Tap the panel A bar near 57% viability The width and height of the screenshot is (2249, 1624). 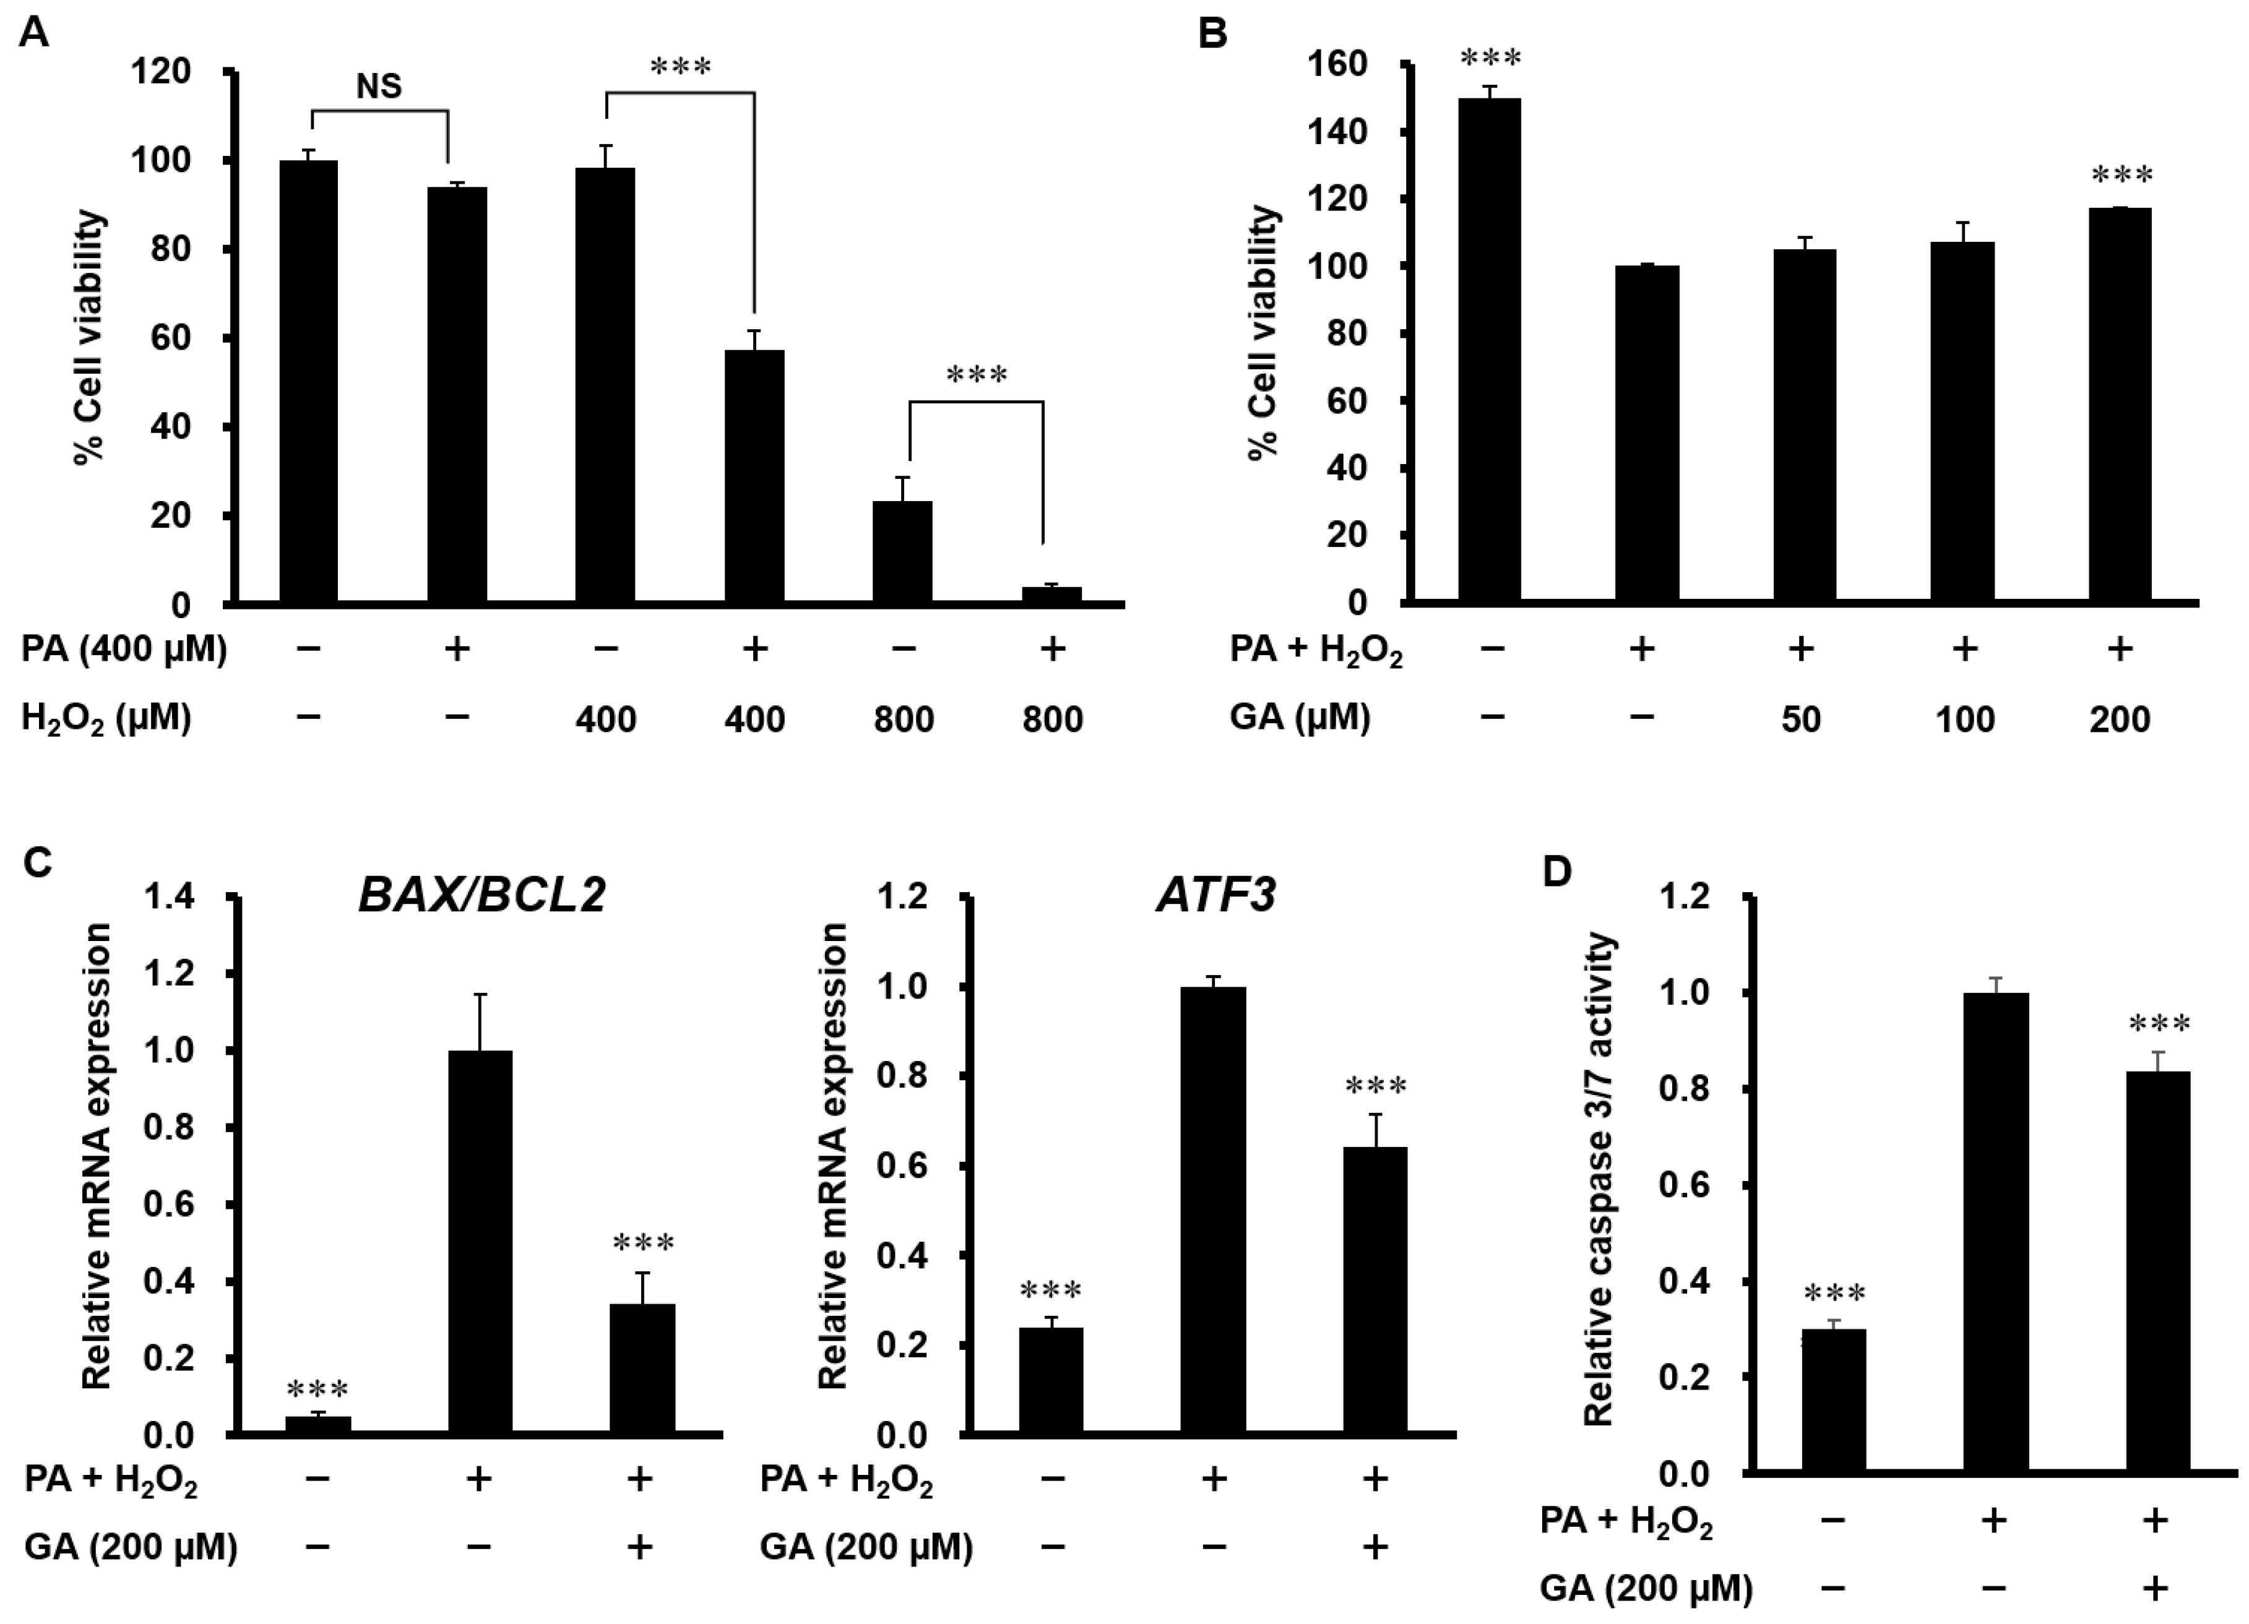click(x=754, y=476)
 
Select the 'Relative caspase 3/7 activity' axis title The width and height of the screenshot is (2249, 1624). click(x=1599, y=1180)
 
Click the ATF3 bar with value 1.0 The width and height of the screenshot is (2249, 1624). click(x=1213, y=1209)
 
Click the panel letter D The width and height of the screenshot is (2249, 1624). click(x=1557, y=872)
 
